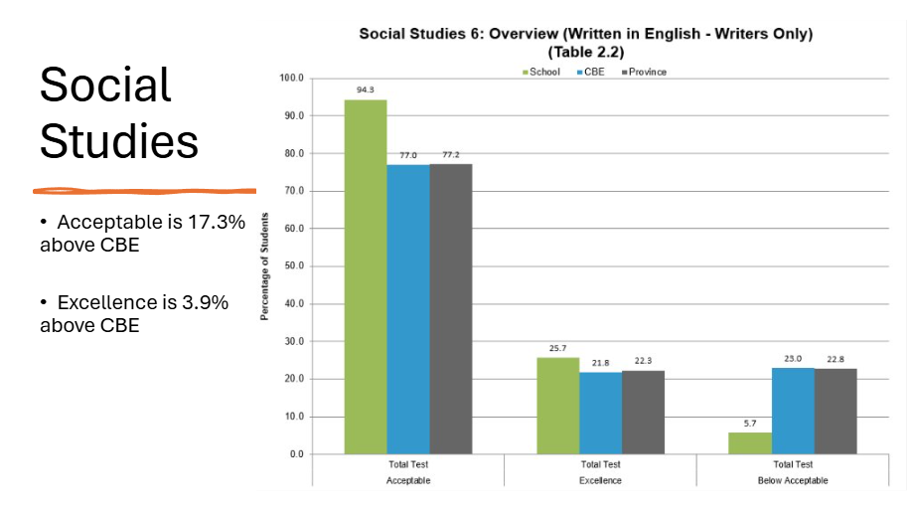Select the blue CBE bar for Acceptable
[x=408, y=308]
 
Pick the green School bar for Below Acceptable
[x=749, y=442]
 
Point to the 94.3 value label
[x=365, y=89]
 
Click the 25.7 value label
[x=557, y=348]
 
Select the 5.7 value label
[x=749, y=424]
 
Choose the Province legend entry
[x=644, y=72]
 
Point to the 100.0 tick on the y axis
[x=291, y=78]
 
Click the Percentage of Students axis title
[x=265, y=266]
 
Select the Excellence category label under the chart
[x=600, y=481]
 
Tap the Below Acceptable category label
[x=792, y=481]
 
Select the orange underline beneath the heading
[x=145, y=190]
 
